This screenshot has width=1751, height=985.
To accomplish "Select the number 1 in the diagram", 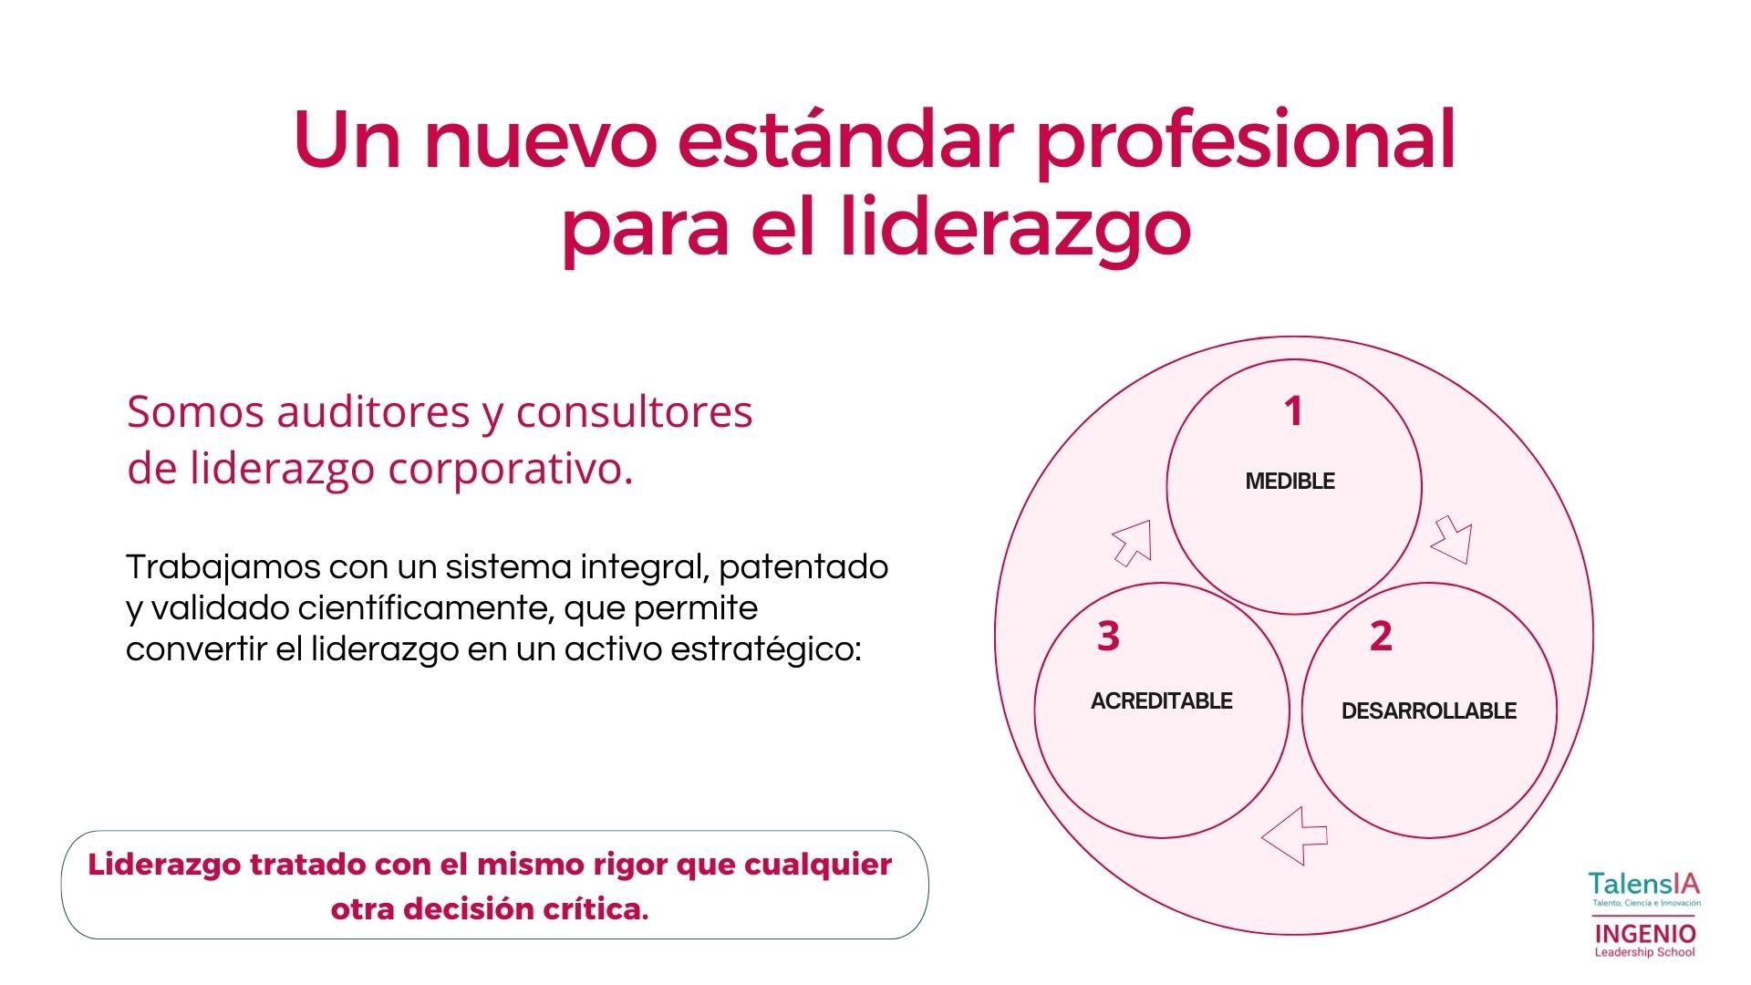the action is pos(1293,411).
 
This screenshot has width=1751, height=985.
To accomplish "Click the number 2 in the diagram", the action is pos(1381,636).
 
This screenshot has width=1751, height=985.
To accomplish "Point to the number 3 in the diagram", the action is pos(1108,636).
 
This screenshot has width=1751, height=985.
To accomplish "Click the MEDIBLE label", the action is pos(1290,482).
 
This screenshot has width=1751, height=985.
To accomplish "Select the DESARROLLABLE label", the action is pos(1429,711).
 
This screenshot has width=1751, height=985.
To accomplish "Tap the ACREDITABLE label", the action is pos(1161,701).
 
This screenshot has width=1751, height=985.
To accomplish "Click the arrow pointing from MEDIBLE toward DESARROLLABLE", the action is pos(1451,540).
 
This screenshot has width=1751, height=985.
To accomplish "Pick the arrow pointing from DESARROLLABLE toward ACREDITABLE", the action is pos(1295,835).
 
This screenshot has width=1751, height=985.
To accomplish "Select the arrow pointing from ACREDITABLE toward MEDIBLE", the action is pos(1133,543).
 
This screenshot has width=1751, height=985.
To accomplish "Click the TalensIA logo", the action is pos(1644,888).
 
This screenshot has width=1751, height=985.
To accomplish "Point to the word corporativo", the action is pos(510,470).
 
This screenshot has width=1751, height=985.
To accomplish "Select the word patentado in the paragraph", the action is pos(803,567).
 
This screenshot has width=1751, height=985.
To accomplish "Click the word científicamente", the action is pos(425,608).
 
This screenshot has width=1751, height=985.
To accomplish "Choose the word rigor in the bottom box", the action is pos(630,865).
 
